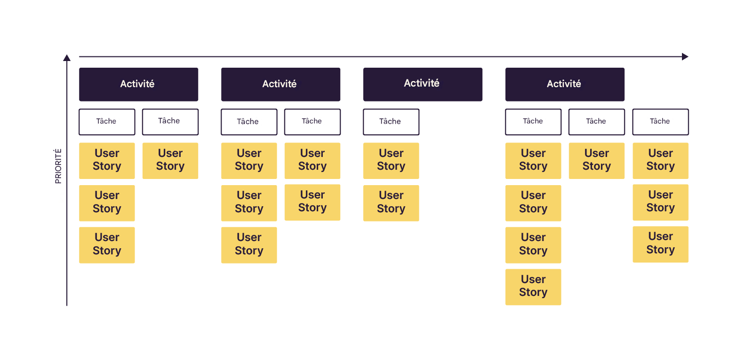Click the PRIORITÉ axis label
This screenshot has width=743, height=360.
58,166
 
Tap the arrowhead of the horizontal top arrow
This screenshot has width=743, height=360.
685,56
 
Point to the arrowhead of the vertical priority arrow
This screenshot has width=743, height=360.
67,58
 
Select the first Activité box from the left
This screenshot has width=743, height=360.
138,84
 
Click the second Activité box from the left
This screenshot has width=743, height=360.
280,84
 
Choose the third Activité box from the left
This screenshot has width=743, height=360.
422,84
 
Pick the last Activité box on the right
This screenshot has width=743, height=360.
564,84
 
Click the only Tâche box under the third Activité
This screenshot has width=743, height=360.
390,122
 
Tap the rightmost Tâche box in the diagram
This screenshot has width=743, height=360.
660,122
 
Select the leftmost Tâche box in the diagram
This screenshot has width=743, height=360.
107,122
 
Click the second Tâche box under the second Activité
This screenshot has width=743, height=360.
312,122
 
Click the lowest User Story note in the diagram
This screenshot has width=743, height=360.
533,287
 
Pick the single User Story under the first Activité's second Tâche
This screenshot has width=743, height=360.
170,161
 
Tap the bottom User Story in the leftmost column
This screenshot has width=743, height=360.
107,245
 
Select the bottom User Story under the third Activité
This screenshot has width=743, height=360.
390,203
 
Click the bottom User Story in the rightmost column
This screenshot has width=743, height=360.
660,244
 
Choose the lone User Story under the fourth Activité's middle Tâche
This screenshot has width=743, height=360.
596,161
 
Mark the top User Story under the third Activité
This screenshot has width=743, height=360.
390,161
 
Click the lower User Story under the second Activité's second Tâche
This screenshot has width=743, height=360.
312,202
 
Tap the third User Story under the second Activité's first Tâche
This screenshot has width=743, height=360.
249,245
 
